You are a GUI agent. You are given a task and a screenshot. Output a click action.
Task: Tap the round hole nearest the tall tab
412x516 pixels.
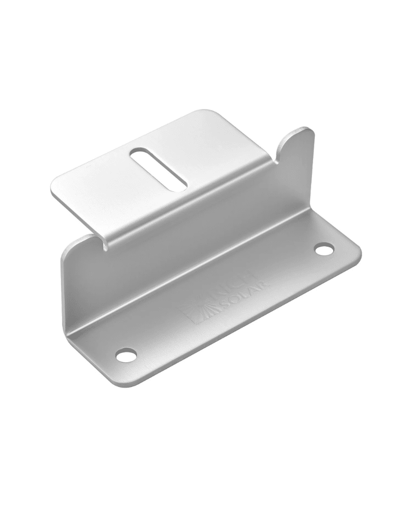(323, 250)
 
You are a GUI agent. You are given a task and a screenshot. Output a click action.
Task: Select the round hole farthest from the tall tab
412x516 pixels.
(126, 356)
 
